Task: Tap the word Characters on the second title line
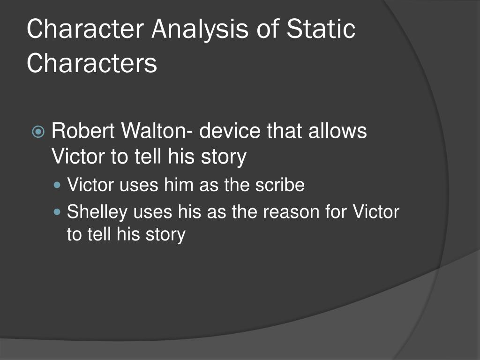(x=92, y=64)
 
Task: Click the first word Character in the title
(x=85, y=29)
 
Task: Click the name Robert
(x=83, y=131)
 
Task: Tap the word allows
(x=337, y=131)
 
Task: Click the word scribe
(x=280, y=185)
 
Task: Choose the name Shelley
(x=97, y=212)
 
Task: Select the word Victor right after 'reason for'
(x=375, y=212)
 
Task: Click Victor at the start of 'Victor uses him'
(x=90, y=185)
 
